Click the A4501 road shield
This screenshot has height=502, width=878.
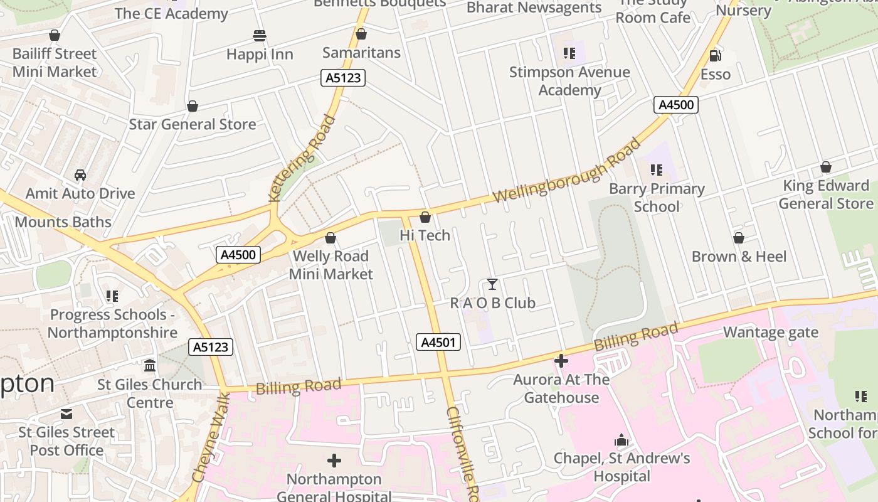pyautogui.click(x=438, y=342)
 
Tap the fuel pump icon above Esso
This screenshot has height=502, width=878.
pyautogui.click(x=715, y=56)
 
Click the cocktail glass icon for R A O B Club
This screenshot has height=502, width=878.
pyautogui.click(x=492, y=284)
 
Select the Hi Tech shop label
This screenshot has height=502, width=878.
pyautogui.click(x=425, y=235)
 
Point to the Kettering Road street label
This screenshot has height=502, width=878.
pyautogui.click(x=302, y=158)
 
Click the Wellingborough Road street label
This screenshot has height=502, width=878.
pyautogui.click(x=567, y=171)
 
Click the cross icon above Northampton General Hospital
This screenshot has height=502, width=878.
pyautogui.click(x=334, y=461)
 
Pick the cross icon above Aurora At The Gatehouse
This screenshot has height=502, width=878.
pyautogui.click(x=561, y=361)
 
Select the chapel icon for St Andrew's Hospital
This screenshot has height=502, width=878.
pyautogui.click(x=621, y=440)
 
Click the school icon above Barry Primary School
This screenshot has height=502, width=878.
pyautogui.click(x=657, y=170)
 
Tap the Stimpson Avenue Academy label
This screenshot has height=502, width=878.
pyautogui.click(x=569, y=81)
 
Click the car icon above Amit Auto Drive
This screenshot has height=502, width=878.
pyautogui.click(x=80, y=174)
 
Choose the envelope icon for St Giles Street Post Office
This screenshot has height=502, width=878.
pyautogui.click(x=66, y=414)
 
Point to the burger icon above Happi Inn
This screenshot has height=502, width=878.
pyautogui.click(x=260, y=35)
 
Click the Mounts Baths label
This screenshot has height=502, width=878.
pyautogui.click(x=63, y=222)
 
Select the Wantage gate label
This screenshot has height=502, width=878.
pyautogui.click(x=771, y=332)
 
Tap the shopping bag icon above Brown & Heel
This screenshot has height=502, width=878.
pyautogui.click(x=739, y=238)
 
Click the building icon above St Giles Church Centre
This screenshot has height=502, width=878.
pyautogui.click(x=150, y=365)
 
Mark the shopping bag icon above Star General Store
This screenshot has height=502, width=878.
pyautogui.click(x=193, y=106)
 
